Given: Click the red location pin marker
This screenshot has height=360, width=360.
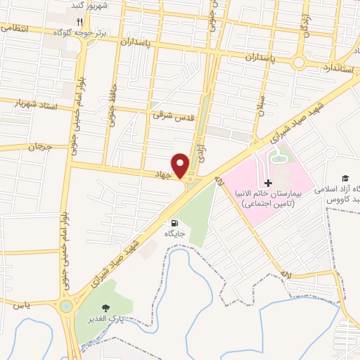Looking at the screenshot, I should [181, 165].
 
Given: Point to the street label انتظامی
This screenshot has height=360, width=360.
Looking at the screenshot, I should [14, 28].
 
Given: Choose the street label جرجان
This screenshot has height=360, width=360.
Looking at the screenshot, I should [40, 147].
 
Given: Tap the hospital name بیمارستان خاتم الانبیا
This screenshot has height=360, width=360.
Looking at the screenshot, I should [276, 193].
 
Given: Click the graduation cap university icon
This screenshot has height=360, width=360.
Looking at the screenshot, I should [345, 179].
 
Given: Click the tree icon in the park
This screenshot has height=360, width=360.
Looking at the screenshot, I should [105, 308].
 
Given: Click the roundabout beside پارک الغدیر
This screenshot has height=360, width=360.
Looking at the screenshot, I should [67, 306].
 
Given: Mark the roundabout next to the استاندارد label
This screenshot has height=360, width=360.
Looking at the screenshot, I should [300, 63].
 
